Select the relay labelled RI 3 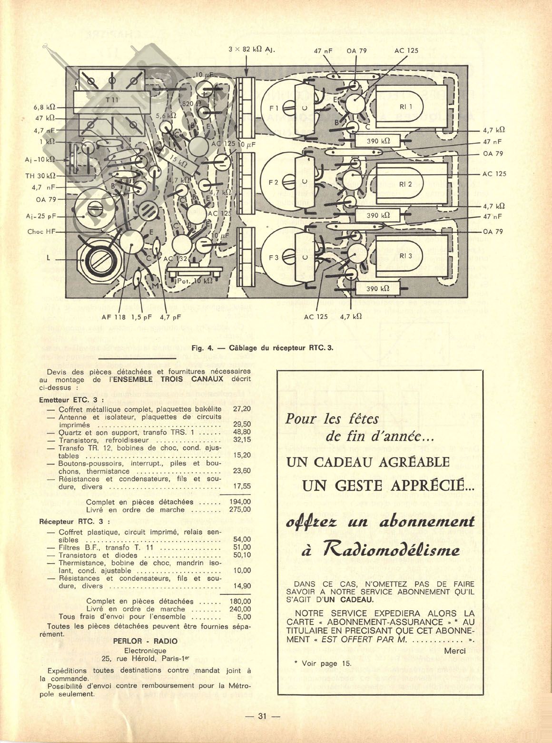[405, 256]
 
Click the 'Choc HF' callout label [41, 232]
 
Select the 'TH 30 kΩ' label [40, 176]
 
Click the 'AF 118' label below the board [112, 316]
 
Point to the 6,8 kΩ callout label [45, 107]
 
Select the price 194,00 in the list [240, 502]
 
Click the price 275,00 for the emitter [240, 509]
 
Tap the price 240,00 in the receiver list [240, 609]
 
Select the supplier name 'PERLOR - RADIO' [145, 641]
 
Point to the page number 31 [262, 716]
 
